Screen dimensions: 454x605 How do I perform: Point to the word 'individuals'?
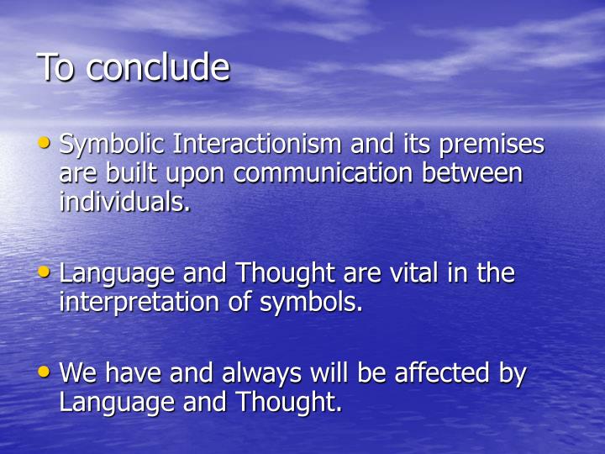click(123, 203)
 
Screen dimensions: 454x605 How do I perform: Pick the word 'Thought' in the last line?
click(291, 403)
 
